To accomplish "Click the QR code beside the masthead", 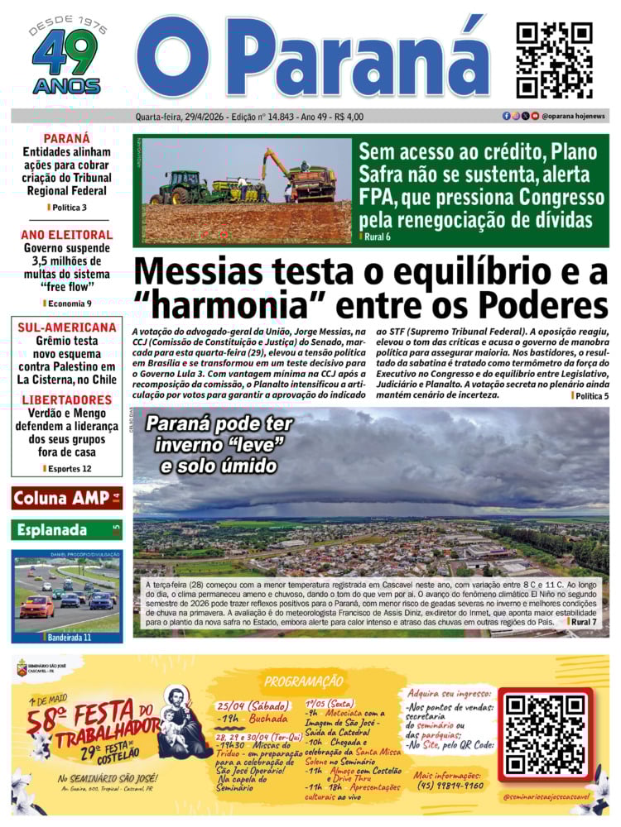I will coord(554,60).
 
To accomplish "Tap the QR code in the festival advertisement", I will coord(546,734).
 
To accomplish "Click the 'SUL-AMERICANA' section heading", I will coord(66,327).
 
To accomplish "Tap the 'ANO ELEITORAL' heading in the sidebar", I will coord(66,235).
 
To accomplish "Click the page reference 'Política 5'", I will coord(591,396).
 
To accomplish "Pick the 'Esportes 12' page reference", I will coord(68,468).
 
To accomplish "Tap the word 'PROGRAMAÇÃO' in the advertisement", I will coord(302,681).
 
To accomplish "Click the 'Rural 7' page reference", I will coord(590,621).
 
